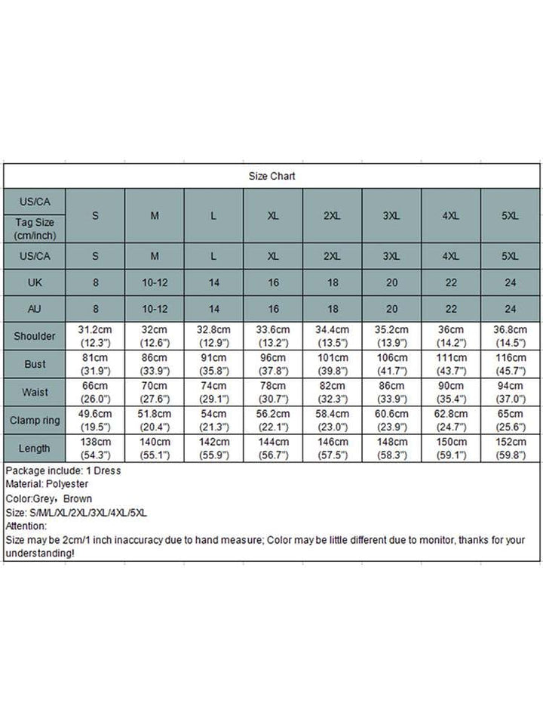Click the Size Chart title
coord(272,176)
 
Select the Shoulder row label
coord(35,336)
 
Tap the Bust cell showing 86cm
coord(155,364)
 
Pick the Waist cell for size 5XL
coord(511,392)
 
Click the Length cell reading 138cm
coord(95,448)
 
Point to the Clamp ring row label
coord(35,420)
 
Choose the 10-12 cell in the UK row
coord(155,284)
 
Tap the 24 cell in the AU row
coord(511,308)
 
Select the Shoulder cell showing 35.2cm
coord(391,336)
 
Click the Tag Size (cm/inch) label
coord(35,229)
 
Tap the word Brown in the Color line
coord(78,498)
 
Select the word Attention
coord(26,526)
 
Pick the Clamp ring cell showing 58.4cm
coord(332,420)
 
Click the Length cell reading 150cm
coord(451,448)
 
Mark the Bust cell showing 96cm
coord(273,364)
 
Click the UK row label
coord(35,284)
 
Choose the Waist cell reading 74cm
coord(213,392)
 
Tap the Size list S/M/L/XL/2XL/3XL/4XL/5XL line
coord(76,512)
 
